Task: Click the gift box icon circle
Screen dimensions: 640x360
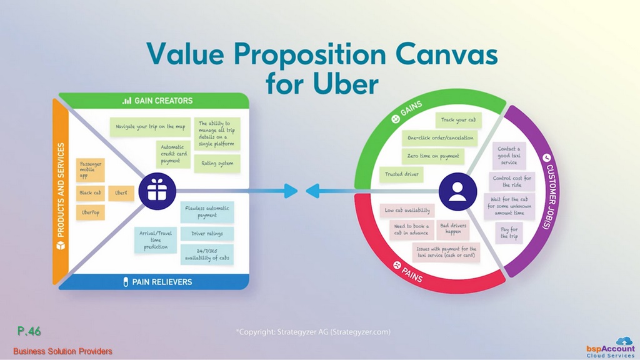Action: click(157, 191)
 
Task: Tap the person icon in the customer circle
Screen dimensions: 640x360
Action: click(457, 192)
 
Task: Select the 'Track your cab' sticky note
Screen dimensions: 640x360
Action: click(458, 120)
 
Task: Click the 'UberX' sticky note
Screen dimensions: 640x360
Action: click(121, 193)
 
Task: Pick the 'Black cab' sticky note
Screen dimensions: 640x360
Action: click(90, 193)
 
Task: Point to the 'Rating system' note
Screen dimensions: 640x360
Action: click(217, 164)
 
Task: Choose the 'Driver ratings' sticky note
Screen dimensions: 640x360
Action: click(207, 234)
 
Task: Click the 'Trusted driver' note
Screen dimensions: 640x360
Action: click(402, 174)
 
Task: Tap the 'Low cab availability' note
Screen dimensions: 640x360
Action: click(407, 211)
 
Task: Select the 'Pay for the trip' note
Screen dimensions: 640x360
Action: click(509, 233)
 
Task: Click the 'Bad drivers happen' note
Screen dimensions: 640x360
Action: click(452, 229)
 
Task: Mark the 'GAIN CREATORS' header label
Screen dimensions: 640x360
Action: click(163, 101)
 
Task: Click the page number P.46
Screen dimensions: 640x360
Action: click(29, 331)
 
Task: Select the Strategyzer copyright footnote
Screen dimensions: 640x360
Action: click(313, 332)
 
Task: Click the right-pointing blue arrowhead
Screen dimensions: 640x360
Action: click(291, 191)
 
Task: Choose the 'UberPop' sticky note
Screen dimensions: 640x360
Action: click(90, 212)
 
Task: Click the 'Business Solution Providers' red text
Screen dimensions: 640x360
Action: click(62, 351)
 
